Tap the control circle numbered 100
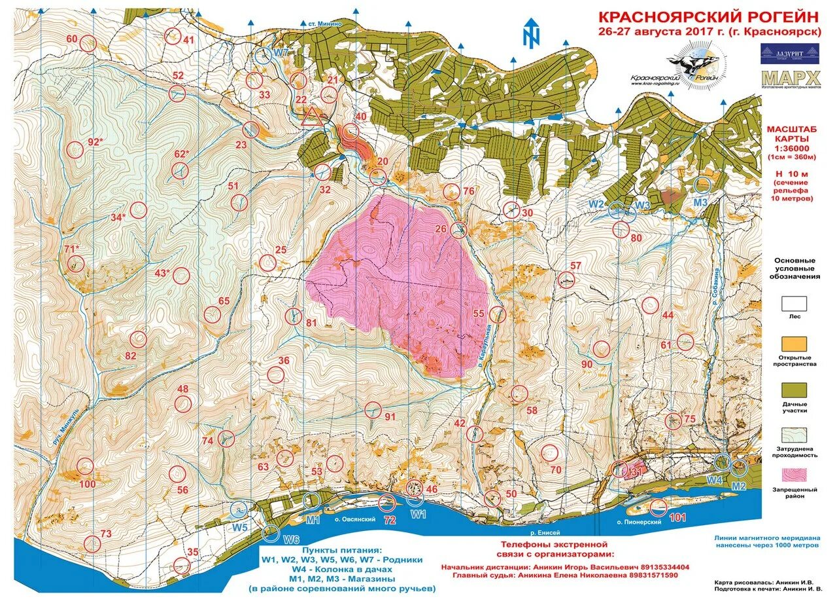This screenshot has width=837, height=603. [x=85, y=467]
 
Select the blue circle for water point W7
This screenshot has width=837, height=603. [x=264, y=55]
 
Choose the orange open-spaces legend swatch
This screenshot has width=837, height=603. [x=794, y=344]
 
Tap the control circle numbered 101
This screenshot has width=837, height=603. [x=658, y=506]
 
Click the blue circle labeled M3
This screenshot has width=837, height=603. [x=703, y=185]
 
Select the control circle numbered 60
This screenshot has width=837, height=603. [x=89, y=43]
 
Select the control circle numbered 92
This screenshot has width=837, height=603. [x=76, y=150]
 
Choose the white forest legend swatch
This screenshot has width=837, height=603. [x=794, y=303]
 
